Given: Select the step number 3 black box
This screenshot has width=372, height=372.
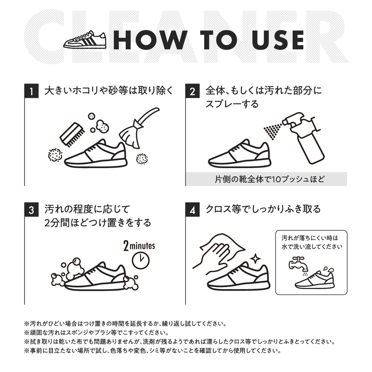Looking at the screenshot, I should point(32,210).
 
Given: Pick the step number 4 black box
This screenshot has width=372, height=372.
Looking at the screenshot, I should point(193,210).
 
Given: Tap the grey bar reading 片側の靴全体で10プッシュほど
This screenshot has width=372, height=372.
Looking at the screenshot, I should point(266,179).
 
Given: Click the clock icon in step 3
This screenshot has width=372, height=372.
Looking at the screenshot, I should point(141,260).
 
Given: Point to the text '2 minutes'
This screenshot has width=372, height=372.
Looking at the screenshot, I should point(139,246).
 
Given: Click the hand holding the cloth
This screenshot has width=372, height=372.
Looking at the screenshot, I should point(214,254).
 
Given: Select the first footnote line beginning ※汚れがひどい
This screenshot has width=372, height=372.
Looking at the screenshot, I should point(125,323).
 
